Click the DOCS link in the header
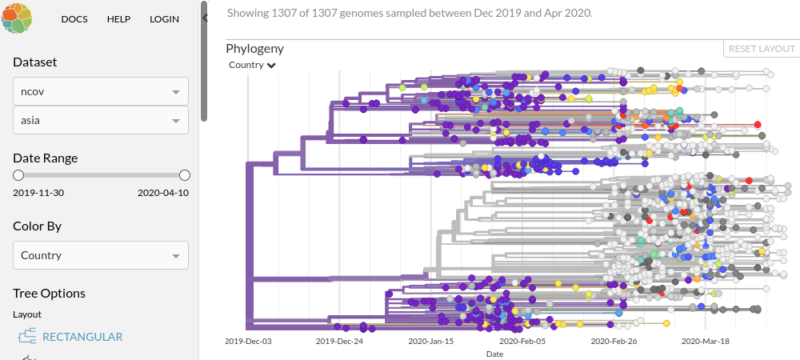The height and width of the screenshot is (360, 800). pos(74,19)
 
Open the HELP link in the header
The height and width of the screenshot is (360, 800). pos(118,19)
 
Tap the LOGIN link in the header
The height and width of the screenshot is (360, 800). pos(164,19)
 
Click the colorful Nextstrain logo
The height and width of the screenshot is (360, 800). pos(17,18)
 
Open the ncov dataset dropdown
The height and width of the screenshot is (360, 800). pos(101,91)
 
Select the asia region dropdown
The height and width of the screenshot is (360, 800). pos(101,120)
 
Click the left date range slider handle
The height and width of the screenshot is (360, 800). pos(18,175)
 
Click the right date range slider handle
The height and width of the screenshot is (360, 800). pos(184,175)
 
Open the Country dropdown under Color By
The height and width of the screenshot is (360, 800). pos(101,255)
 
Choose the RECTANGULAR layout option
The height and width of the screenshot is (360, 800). pos(82,337)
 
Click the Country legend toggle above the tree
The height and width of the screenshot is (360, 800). pos(252,65)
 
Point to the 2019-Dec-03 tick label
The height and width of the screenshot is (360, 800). pos(248,341)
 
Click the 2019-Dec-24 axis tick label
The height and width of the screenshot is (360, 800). pos(339,341)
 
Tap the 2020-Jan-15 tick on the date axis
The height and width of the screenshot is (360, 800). pos(431,341)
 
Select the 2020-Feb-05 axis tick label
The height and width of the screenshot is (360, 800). pos(522,341)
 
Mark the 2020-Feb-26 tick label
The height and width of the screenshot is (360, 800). pos(614,341)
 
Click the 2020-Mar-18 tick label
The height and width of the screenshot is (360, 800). pos(705,341)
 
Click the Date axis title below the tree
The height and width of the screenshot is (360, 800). pos(494,354)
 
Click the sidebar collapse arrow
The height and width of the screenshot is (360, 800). pos(205,18)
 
